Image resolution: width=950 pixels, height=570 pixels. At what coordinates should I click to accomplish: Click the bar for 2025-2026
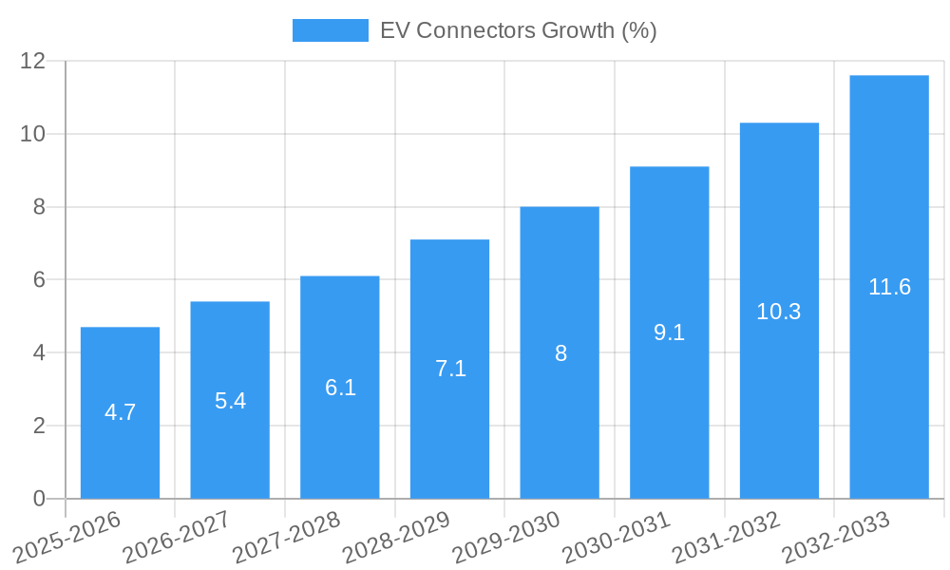(120, 413)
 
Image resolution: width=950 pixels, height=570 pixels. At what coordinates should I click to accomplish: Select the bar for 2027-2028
(340, 388)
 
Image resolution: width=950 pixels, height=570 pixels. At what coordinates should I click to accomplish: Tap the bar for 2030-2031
(669, 332)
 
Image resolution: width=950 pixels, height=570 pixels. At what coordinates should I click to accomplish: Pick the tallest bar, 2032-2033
(889, 287)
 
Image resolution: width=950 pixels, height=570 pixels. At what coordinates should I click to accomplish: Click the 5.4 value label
(230, 401)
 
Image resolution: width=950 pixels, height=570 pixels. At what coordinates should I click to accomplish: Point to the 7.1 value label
(450, 369)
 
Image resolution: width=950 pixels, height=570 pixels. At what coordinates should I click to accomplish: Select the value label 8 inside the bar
(560, 353)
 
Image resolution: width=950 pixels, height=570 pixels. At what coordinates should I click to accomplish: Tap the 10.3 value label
(779, 312)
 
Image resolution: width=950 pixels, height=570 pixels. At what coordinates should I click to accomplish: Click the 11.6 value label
(889, 287)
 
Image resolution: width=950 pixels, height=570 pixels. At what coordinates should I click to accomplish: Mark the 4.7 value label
(120, 412)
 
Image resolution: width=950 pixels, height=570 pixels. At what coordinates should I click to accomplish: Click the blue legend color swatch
(330, 30)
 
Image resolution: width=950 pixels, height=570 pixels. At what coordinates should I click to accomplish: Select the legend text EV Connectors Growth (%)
(518, 30)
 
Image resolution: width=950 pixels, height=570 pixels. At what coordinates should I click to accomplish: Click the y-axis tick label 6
(39, 280)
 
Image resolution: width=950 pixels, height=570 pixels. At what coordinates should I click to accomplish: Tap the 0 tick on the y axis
(39, 499)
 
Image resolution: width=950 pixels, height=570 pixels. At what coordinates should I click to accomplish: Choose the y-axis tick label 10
(33, 134)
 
